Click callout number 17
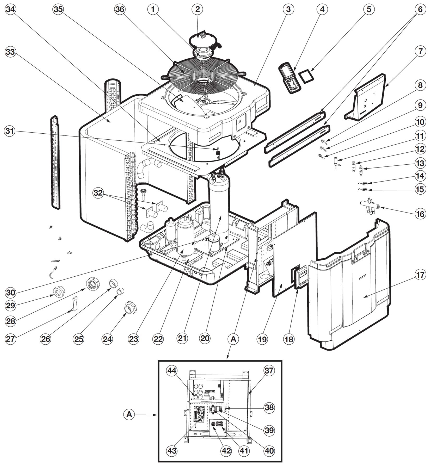(x=420, y=275)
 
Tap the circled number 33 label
(x=10, y=52)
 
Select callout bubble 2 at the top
(x=197, y=9)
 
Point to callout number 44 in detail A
(x=172, y=370)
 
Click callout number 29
(x=10, y=306)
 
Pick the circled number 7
(x=420, y=51)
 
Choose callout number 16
(x=420, y=214)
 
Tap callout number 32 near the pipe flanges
(x=98, y=193)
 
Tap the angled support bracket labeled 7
(x=366, y=97)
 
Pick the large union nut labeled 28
(x=93, y=284)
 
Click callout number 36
(x=120, y=9)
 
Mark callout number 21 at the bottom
(x=182, y=339)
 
